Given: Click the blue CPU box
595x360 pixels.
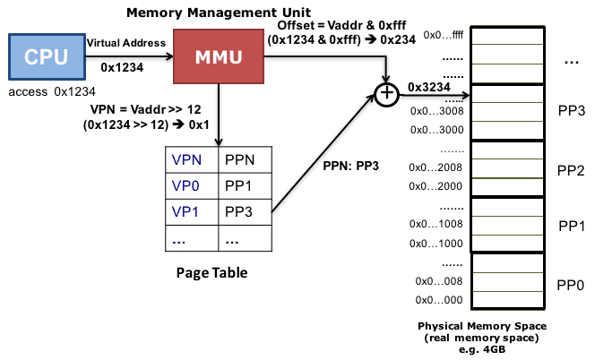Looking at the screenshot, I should (x=46, y=56).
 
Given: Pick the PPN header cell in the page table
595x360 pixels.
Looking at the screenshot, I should (x=242, y=162).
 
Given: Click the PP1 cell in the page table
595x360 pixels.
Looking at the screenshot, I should (x=242, y=187).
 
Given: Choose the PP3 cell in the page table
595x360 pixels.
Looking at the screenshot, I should (x=242, y=213).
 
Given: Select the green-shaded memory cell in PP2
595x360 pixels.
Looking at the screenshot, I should (x=507, y=167).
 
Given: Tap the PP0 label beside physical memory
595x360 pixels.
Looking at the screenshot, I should (x=570, y=285).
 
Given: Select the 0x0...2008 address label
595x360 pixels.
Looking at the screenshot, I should (x=436, y=167).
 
